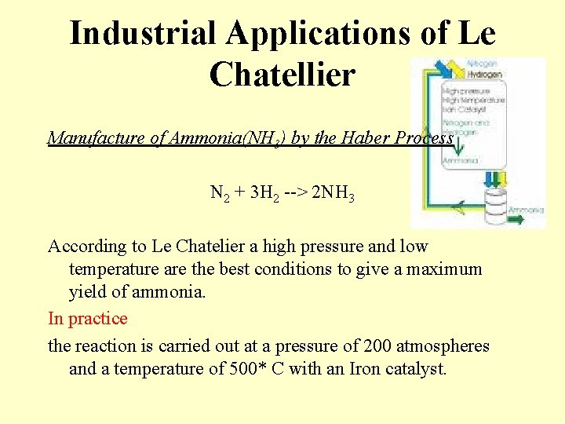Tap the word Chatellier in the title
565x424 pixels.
coord(282,74)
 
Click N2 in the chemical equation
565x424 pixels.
coord(220,193)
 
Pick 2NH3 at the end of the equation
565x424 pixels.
coord(334,193)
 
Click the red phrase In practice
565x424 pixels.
coord(88,318)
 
